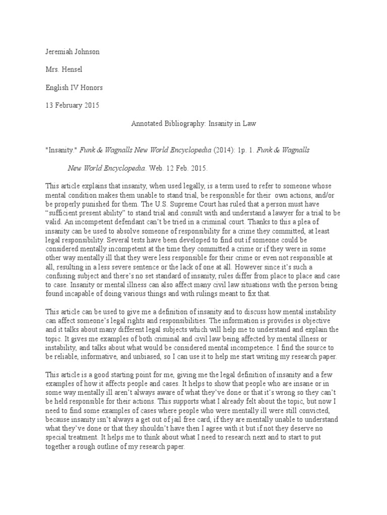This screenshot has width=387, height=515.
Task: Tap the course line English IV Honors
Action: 74,87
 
